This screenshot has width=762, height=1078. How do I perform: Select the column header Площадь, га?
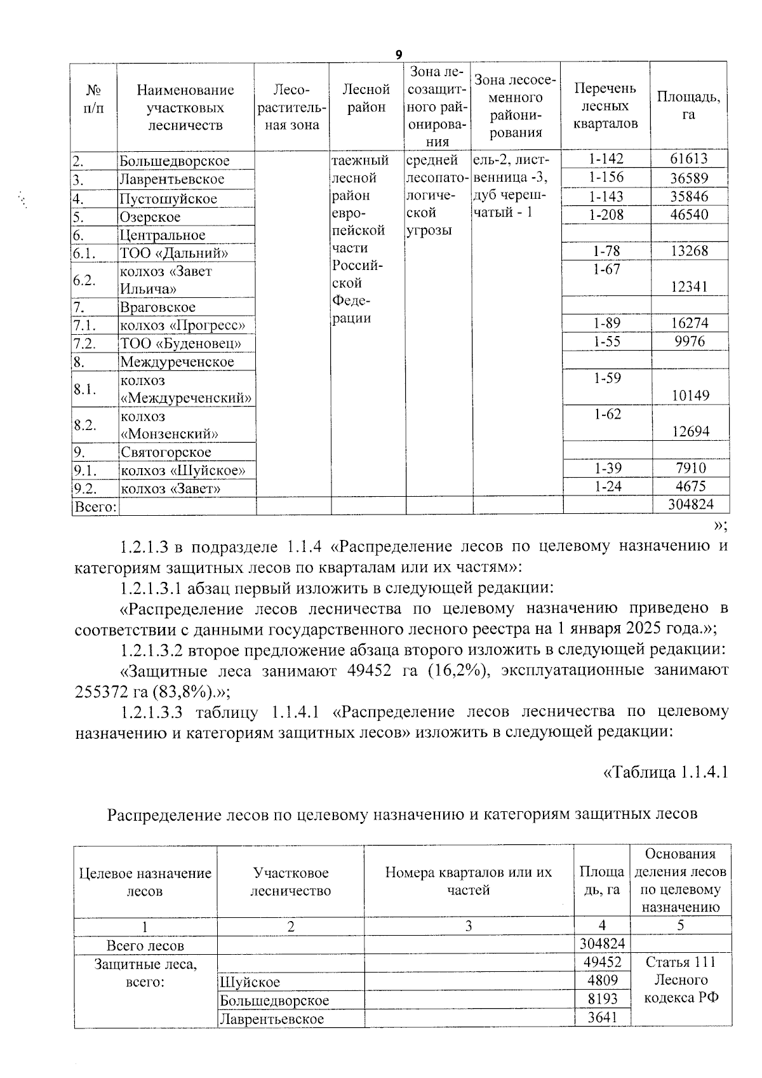click(x=688, y=105)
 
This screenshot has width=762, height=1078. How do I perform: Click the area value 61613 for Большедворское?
click(x=689, y=159)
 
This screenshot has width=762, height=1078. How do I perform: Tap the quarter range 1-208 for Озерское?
click(x=606, y=215)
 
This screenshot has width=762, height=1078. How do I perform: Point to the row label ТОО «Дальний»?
click(x=174, y=253)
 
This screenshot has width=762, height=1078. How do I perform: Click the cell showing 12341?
click(x=689, y=287)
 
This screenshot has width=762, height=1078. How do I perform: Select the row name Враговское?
click(x=157, y=307)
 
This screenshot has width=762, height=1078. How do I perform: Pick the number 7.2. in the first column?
click(x=84, y=344)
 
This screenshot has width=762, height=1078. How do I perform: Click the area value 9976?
click(x=689, y=341)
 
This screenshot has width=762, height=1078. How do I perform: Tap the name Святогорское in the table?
click(x=166, y=453)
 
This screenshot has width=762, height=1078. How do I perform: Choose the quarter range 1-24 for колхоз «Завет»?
click(x=606, y=487)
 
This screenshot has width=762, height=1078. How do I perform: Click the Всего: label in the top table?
click(x=95, y=507)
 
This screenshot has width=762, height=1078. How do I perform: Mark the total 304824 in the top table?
click(x=690, y=505)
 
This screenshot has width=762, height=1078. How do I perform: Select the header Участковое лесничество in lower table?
click(x=290, y=882)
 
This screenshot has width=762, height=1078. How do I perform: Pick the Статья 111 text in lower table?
click(x=681, y=962)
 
